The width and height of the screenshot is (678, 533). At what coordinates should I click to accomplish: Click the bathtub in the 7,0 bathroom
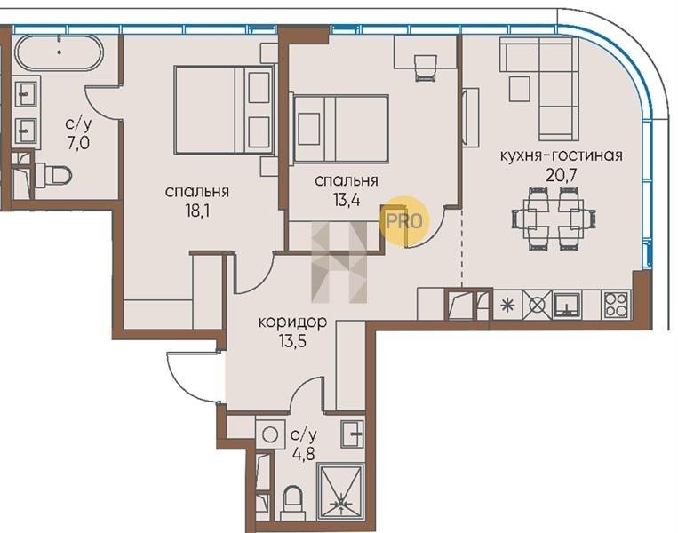point(59,52)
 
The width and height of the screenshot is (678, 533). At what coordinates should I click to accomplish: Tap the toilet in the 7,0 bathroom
point(53,176)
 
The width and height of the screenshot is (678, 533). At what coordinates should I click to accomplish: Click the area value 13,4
point(347,200)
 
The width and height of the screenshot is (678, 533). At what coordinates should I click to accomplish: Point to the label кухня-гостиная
point(562,155)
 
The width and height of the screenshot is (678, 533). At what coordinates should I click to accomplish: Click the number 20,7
point(562,176)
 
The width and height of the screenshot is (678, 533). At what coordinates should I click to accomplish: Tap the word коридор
point(292,322)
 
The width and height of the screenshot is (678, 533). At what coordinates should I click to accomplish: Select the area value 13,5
point(292,342)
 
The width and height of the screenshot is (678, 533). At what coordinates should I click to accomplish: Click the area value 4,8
point(303,454)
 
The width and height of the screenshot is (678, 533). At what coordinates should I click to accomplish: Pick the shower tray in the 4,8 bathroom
point(341,491)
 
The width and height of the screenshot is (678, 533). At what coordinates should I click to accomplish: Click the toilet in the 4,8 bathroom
point(292,503)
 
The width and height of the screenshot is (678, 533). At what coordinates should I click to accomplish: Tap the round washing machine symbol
point(270,434)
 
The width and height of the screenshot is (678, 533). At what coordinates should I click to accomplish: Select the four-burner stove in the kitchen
point(616,305)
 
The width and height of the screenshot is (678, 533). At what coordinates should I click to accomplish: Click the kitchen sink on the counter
point(567,305)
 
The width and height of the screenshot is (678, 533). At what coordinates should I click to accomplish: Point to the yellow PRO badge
point(403,221)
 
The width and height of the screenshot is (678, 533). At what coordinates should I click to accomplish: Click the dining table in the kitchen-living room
point(554,219)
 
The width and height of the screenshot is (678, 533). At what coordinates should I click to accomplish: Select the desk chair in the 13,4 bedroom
point(426,68)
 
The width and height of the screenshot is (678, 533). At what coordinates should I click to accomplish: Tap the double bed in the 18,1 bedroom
point(224,110)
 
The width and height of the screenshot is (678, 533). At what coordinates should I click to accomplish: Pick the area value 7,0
point(78,142)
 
